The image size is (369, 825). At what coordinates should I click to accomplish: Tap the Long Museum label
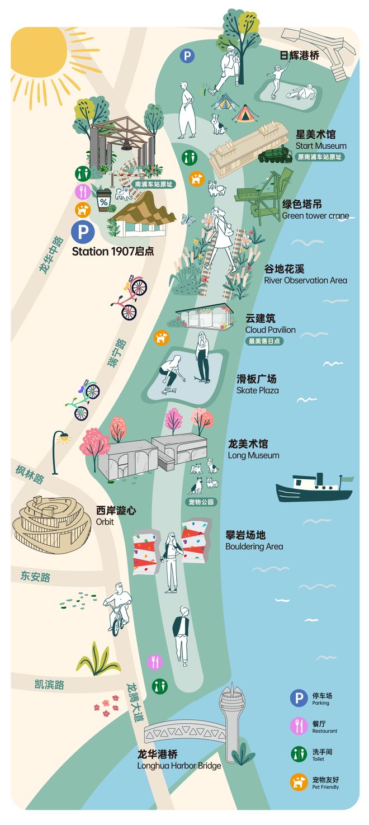[253, 449]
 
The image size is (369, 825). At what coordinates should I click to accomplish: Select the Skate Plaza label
[257, 384]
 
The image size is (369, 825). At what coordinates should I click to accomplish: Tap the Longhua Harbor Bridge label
[179, 760]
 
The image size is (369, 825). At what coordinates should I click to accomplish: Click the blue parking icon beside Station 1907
[83, 231]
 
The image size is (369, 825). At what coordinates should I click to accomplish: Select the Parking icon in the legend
[299, 698]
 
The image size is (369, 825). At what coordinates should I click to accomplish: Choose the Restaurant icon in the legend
[299, 726]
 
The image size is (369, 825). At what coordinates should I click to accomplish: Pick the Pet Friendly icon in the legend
[299, 782]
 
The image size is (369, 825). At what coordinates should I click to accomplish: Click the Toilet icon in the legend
[299, 754]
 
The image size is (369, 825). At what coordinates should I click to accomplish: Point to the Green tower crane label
[315, 210]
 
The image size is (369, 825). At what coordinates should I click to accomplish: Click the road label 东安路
[36, 576]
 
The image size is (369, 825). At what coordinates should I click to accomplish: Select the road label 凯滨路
[49, 684]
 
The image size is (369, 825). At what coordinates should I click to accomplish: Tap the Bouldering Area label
[254, 540]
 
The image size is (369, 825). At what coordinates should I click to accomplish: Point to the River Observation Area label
[305, 275]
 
